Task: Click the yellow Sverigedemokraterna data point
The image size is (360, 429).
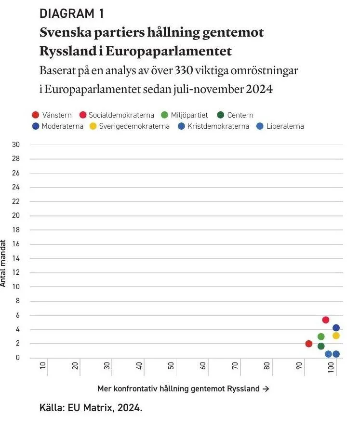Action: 336,335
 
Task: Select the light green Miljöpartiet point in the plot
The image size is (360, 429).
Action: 321,336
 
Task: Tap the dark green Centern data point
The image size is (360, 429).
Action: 321,346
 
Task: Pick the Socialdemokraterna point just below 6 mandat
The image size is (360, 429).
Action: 325,320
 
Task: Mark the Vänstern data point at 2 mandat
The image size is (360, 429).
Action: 308,344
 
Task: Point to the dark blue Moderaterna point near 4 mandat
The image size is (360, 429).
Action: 336,327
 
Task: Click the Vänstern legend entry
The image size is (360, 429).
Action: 52,115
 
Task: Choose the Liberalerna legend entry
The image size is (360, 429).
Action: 280,126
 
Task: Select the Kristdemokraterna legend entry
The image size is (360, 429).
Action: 213,126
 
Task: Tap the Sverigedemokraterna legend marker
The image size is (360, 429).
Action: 93,126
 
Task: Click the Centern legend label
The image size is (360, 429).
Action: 240,115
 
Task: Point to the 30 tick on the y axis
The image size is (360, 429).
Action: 16,145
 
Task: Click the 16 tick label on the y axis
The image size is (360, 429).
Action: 16,244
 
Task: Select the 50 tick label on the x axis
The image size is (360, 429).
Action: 171,365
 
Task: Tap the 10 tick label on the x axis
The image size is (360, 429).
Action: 43,365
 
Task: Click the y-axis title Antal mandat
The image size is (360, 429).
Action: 3,263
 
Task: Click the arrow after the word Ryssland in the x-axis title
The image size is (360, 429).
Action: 266,389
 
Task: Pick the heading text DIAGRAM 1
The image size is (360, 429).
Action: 72,13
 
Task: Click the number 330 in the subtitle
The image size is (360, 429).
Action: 184,70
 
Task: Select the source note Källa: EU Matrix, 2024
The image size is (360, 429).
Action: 91,408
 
